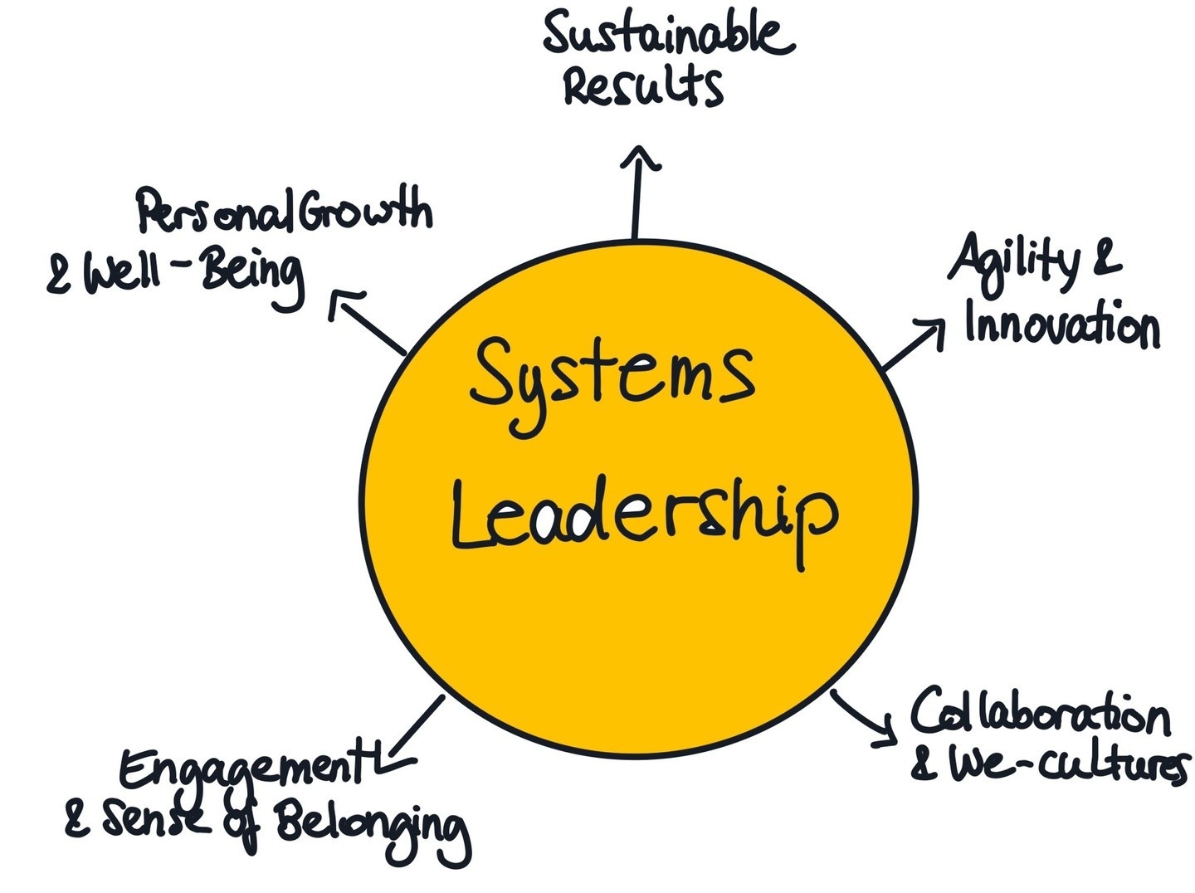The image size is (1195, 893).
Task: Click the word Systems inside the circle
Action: pos(612,378)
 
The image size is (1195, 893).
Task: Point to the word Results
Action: pos(642,85)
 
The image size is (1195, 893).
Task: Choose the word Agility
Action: pos(1012,261)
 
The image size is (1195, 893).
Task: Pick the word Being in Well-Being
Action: pos(252,276)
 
